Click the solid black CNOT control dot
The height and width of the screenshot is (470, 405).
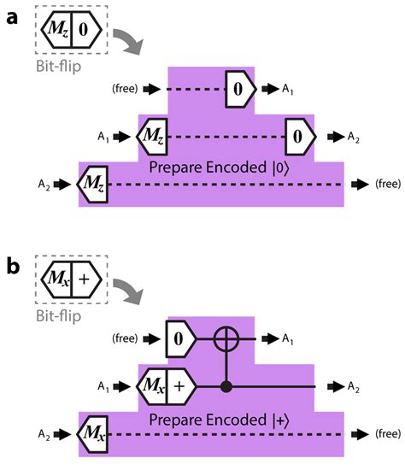(226, 386)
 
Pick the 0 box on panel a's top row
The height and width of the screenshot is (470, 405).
(239, 88)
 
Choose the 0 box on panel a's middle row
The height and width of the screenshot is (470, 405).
(299, 135)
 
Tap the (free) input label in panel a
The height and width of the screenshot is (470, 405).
(125, 88)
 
